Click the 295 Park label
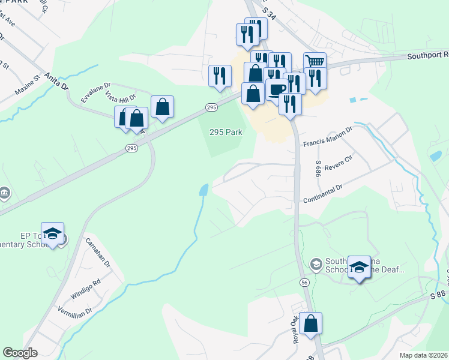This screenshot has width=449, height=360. click(x=226, y=132)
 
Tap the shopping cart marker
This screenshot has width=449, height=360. click(x=315, y=61)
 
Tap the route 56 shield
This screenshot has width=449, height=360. click(x=305, y=282)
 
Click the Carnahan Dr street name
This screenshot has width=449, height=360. click(x=98, y=253)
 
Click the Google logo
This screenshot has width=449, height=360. click(x=20, y=353)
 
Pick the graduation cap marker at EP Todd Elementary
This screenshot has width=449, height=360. click(x=52, y=233)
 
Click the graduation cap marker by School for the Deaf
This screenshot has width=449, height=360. click(x=359, y=266)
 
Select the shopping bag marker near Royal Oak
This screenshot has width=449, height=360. click(x=311, y=323)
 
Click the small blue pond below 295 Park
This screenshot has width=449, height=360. click(x=204, y=191)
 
